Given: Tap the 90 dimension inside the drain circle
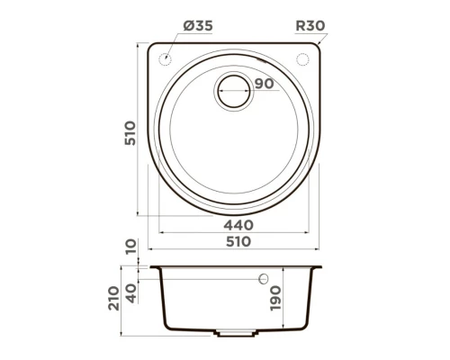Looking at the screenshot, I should (x=264, y=84).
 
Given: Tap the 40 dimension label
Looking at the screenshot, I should (x=131, y=293).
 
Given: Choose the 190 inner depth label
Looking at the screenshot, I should (x=276, y=296).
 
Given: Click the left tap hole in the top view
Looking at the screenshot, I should (x=165, y=59).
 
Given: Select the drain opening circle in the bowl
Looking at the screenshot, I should (x=233, y=89).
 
